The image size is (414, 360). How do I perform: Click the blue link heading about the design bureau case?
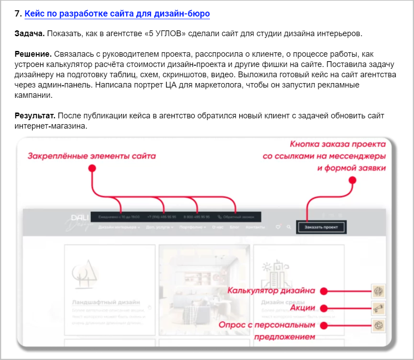pyautogui.click(x=117, y=14)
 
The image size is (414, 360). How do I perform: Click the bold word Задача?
pyautogui.click(x=29, y=33)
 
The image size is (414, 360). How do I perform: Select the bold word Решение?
pyautogui.click(x=33, y=54)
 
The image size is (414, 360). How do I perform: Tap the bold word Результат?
pyautogui.click(x=35, y=116)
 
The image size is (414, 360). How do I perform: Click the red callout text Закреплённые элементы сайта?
pyautogui.click(x=92, y=156)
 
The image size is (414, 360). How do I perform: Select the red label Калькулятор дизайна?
pyautogui.click(x=272, y=291)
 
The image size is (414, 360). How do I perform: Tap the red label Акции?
pyautogui.click(x=303, y=308)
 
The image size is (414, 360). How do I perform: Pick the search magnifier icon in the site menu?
pyautogui.click(x=289, y=227)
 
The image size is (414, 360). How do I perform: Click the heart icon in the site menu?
pyautogui.click(x=278, y=227)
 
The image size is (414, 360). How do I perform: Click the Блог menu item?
pyautogui.click(x=234, y=227)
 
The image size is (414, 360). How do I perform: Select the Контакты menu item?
pyautogui.click(x=255, y=227)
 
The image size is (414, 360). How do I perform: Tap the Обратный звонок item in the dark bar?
pyautogui.click(x=236, y=217)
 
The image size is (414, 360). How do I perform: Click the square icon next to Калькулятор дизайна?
pyautogui.click(x=379, y=291)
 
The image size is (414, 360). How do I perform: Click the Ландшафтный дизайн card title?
pyautogui.click(x=106, y=302)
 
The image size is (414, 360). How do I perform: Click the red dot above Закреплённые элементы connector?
pyautogui.click(x=92, y=168)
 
